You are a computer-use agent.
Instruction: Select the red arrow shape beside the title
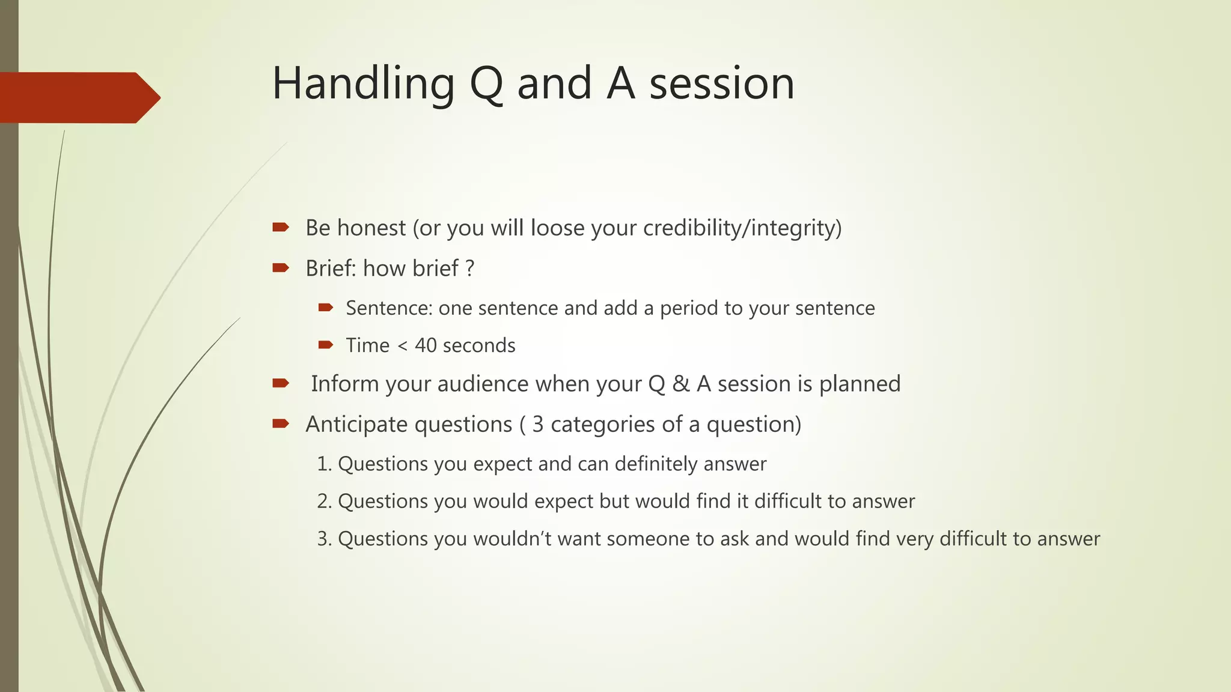tap(78, 97)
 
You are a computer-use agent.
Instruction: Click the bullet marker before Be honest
tap(280, 227)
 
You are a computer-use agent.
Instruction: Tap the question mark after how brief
tap(470, 268)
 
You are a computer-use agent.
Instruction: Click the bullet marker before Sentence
tap(325, 308)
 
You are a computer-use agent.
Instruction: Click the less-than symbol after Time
tap(402, 346)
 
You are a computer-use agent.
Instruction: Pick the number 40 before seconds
tap(426, 345)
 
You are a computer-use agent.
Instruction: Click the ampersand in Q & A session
tap(680, 384)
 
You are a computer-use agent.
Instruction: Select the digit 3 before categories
tap(537, 424)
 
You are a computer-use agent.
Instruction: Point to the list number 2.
tap(324, 501)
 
